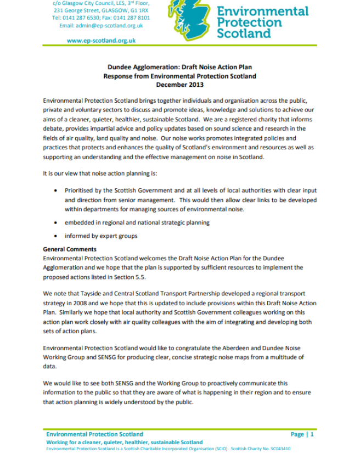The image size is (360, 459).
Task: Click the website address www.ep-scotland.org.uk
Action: [101, 41]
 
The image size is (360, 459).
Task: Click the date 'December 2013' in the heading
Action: [179, 85]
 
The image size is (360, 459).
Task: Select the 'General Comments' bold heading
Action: [71, 249]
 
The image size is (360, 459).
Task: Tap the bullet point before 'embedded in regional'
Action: [57, 222]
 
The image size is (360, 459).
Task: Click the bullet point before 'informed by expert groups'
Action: [57, 236]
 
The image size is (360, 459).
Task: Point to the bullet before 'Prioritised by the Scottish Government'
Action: [57, 191]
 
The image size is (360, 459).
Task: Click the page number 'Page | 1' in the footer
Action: [302, 434]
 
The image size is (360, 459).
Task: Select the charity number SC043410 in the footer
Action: [279, 449]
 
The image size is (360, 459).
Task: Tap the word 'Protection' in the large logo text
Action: [250, 23]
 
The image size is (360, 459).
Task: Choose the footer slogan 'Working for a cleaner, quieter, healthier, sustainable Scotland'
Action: [124, 442]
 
